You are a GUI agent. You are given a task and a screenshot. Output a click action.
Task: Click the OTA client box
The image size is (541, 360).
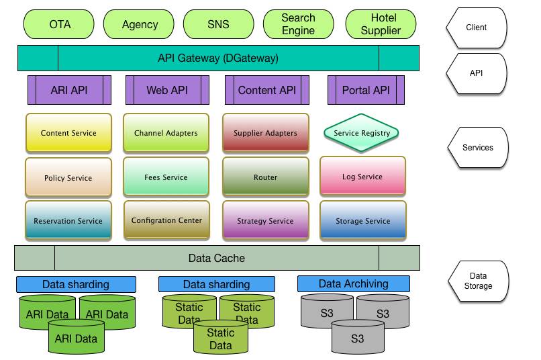(60, 24)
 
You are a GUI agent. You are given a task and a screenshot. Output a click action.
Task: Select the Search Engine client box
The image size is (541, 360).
(298, 24)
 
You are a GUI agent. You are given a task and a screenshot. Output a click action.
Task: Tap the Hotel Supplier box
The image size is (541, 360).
(381, 24)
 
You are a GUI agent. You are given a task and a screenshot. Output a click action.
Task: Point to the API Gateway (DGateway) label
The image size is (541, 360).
(218, 58)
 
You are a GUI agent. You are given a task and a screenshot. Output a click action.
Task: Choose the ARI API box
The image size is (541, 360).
(69, 90)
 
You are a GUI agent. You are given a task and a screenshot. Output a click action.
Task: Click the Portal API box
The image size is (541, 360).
(366, 90)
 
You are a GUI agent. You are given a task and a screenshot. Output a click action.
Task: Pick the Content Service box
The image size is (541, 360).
(68, 133)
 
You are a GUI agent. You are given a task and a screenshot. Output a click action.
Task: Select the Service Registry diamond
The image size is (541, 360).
(362, 133)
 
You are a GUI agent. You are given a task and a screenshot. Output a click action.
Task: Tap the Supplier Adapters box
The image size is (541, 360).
(265, 133)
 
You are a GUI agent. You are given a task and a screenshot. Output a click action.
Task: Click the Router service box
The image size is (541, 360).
(265, 177)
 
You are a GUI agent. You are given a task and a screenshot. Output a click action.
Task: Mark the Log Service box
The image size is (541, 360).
(362, 177)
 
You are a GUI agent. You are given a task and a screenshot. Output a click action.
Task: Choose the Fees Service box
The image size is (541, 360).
(166, 177)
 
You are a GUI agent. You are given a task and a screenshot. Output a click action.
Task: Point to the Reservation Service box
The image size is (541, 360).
(68, 221)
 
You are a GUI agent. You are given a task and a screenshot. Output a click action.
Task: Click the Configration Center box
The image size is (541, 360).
(166, 220)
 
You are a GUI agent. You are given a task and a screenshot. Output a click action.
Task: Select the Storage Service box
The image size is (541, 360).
(363, 221)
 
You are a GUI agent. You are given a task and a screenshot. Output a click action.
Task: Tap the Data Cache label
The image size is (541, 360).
(216, 258)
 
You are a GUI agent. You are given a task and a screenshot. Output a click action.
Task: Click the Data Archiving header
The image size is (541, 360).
(353, 283)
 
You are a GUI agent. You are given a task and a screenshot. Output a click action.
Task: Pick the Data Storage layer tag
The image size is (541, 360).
(478, 281)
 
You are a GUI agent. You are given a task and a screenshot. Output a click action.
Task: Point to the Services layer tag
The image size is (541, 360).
(478, 148)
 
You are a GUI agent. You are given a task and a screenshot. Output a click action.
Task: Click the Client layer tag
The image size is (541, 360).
(477, 28)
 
